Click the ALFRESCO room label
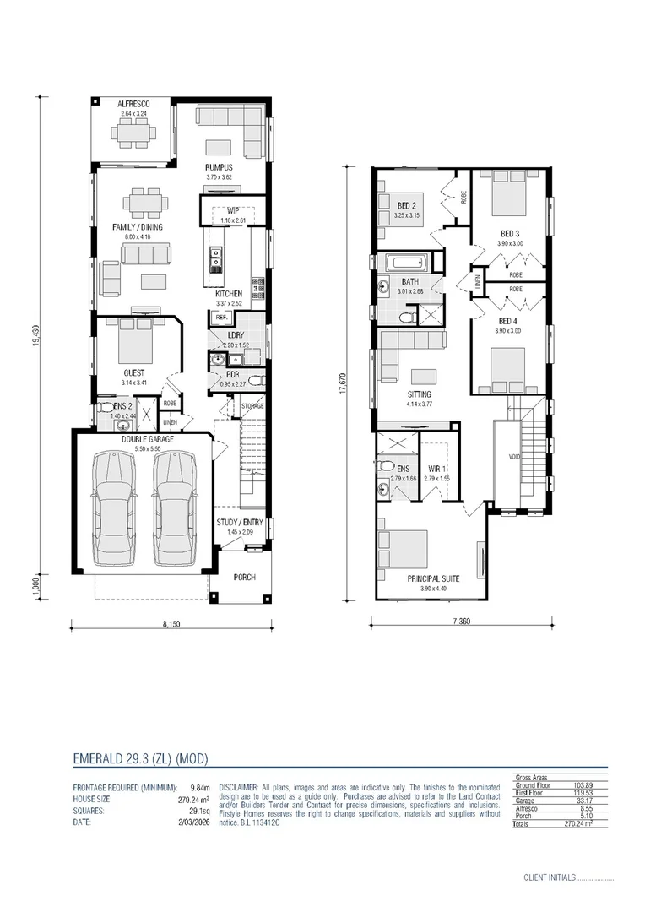coord(134,103)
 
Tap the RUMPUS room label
coord(219,167)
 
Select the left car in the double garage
coord(113,509)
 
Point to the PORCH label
coord(244,578)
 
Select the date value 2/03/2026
coord(192,822)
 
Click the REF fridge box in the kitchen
coord(220,318)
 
